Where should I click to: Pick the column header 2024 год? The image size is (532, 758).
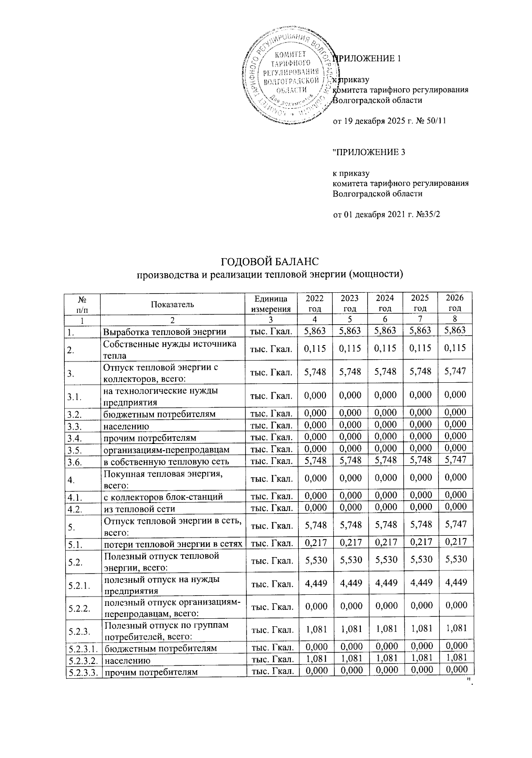pyautogui.click(x=385, y=303)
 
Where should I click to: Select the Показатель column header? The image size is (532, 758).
pyautogui.click(x=172, y=303)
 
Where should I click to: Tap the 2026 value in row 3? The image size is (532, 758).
pyautogui.click(x=455, y=371)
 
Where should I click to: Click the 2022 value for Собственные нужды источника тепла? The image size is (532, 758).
pyautogui.click(x=315, y=348)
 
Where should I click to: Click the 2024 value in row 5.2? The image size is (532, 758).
pyautogui.click(x=385, y=559)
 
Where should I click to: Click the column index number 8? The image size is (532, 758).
pyautogui.click(x=455, y=319)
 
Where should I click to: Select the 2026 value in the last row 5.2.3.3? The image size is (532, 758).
pyautogui.click(x=455, y=671)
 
